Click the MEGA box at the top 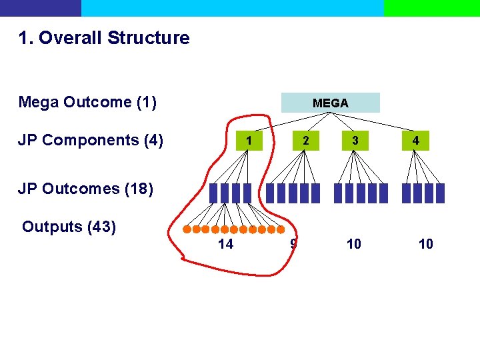[x=330, y=103]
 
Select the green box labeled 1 [x=248, y=141]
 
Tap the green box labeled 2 [x=305, y=141]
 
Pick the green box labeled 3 [x=355, y=141]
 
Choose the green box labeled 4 [x=415, y=141]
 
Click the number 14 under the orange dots [x=225, y=244]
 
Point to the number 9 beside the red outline [x=293, y=244]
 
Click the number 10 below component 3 [x=354, y=244]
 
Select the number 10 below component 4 [x=425, y=244]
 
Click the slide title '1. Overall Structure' [x=104, y=38]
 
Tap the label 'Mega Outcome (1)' [x=87, y=102]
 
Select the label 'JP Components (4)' [x=91, y=140]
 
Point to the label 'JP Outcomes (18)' [x=85, y=189]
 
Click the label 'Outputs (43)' [x=69, y=227]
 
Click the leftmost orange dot [x=187, y=229]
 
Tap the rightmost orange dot [x=281, y=229]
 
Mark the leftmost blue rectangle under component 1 [x=213, y=193]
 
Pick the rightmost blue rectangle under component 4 [x=440, y=193]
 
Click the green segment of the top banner [x=431, y=8]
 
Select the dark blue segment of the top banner [x=40, y=8]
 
